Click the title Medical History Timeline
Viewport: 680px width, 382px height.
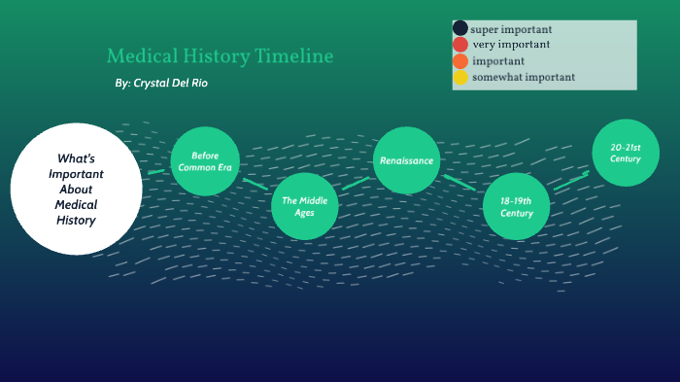(220, 56)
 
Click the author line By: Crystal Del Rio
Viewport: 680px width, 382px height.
(160, 84)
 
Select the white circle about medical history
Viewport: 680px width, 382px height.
(76, 189)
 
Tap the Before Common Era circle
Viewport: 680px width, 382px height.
(205, 161)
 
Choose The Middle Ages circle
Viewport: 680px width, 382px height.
(305, 206)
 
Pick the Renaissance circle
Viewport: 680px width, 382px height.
(407, 160)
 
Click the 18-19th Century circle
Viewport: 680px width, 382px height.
(517, 206)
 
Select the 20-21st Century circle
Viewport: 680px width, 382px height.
(627, 152)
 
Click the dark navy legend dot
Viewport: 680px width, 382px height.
(460, 29)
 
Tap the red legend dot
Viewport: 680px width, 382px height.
(460, 45)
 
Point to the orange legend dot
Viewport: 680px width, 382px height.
(460, 61)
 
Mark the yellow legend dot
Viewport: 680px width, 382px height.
(460, 78)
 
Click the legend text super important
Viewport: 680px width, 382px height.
(511, 29)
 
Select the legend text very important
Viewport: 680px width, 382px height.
(511, 45)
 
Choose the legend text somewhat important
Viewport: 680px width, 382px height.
(524, 78)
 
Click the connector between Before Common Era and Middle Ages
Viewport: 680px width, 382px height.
(255, 183)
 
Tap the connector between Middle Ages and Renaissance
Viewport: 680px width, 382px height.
(356, 183)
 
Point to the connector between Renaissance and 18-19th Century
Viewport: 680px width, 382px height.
(460, 182)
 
